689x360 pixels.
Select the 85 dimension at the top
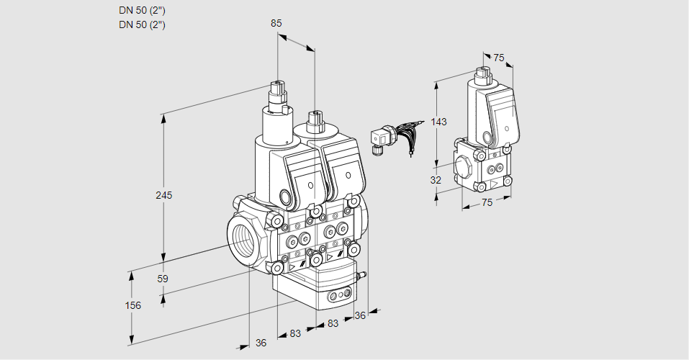pyautogui.click(x=276, y=23)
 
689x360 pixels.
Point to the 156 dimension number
pyautogui.click(x=133, y=305)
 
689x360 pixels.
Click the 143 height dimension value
pyautogui.click(x=438, y=122)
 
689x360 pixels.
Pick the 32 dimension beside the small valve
pyautogui.click(x=436, y=180)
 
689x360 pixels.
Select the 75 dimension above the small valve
pyautogui.click(x=498, y=58)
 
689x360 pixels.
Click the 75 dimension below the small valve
pyautogui.click(x=487, y=203)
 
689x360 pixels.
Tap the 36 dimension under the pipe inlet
pyautogui.click(x=261, y=343)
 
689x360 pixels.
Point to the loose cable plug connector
pyautogui.click(x=379, y=139)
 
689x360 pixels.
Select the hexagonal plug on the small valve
pyautogui.click(x=462, y=167)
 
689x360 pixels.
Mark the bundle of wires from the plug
pyautogui.click(x=407, y=134)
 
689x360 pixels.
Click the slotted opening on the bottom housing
pyautogui.click(x=339, y=295)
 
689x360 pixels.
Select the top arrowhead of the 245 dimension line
pyautogui.click(x=163, y=117)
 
